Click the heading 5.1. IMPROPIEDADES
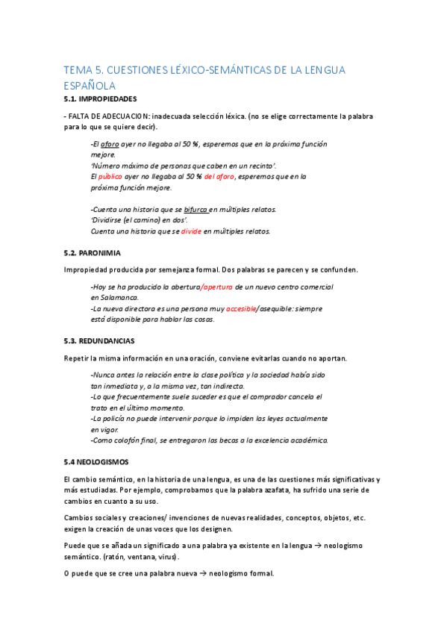100,99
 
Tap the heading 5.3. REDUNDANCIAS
99,340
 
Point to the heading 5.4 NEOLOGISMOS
96,461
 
